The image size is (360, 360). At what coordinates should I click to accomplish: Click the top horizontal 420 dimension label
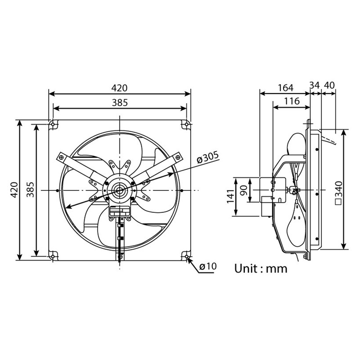click(120, 87)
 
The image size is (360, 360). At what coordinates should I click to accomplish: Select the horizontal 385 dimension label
click(120, 102)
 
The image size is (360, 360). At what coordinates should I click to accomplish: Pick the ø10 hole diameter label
click(208, 266)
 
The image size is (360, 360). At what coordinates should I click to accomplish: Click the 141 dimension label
click(230, 197)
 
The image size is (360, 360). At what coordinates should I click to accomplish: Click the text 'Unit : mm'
click(261, 269)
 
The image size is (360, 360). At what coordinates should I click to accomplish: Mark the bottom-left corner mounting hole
click(53, 256)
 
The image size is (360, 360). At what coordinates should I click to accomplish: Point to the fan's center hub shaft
click(120, 191)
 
